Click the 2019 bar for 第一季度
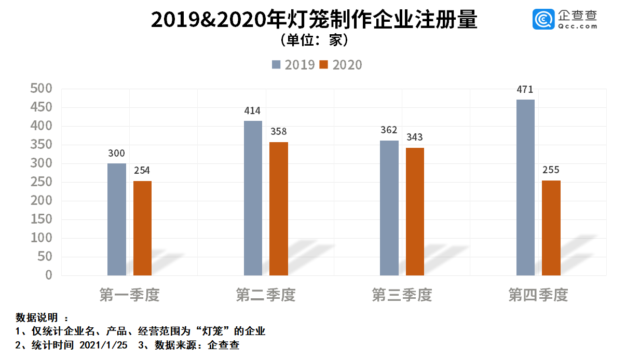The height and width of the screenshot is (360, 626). [116, 219]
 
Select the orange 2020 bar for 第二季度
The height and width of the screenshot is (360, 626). [278, 209]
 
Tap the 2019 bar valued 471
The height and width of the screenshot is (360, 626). [525, 187]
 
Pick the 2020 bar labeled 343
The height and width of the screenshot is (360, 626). [415, 211]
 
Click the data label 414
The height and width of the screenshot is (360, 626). [252, 110]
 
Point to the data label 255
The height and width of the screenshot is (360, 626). [551, 170]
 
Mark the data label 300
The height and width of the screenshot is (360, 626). [116, 153]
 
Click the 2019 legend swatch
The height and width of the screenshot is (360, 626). [276, 65]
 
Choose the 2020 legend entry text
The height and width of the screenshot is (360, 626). [347, 65]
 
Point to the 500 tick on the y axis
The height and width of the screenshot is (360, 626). [42, 89]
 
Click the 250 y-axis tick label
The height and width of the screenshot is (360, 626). [42, 182]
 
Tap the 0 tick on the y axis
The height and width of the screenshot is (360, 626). [49, 275]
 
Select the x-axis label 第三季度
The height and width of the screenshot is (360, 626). [402, 295]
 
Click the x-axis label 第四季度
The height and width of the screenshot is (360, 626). [538, 295]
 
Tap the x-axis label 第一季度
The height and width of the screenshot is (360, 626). [129, 295]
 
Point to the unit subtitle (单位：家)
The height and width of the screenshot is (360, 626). [314, 40]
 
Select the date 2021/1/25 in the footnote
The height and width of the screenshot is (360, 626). [103, 345]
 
